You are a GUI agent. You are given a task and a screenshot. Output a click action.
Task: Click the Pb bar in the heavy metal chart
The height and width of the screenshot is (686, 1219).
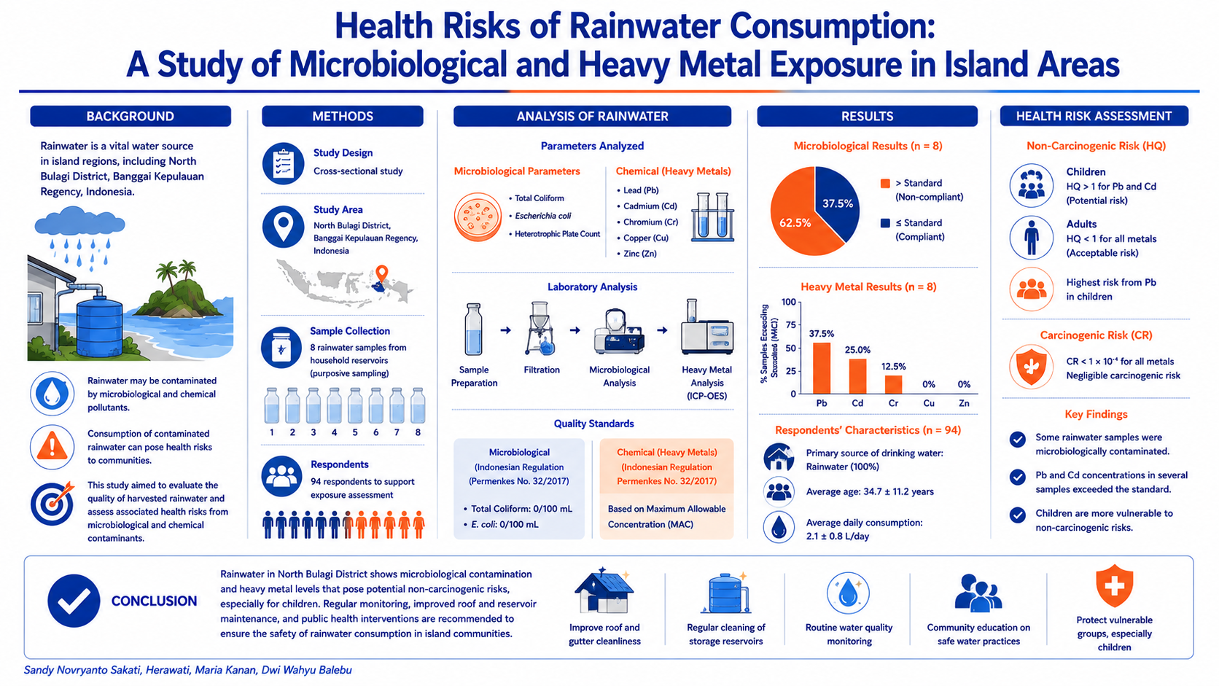click(821, 367)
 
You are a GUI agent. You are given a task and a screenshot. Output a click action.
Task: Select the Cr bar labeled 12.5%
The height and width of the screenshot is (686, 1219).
click(893, 385)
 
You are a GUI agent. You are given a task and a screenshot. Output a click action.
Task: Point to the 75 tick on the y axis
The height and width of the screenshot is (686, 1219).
click(790, 325)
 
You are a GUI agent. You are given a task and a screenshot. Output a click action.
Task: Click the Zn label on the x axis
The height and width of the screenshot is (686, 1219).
click(964, 403)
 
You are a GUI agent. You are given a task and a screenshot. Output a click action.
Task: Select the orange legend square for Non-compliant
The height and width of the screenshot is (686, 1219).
click(885, 183)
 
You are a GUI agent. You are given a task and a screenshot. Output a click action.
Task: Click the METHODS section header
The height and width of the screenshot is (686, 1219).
click(343, 116)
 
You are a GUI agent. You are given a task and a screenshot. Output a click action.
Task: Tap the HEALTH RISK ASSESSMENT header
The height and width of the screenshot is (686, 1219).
click(1094, 116)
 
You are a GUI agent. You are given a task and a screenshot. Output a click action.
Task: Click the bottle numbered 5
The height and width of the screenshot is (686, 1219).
click(355, 405)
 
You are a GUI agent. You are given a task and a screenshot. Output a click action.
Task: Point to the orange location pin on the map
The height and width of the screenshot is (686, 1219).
click(382, 273)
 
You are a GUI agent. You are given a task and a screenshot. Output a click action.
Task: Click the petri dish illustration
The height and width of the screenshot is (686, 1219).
click(478, 217)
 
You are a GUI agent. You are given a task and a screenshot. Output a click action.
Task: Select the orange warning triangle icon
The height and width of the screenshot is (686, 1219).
click(52, 447)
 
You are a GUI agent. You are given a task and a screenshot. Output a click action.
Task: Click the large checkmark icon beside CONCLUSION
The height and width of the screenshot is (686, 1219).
click(74, 601)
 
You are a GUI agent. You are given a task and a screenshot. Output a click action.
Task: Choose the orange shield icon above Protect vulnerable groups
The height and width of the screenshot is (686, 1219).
click(1114, 586)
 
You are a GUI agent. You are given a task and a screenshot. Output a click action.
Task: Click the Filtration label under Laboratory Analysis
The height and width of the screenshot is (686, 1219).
click(542, 370)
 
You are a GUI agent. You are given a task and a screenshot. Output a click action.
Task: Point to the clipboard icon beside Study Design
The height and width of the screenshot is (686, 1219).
click(283, 163)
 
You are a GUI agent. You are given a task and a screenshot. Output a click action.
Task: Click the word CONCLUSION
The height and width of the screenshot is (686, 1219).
click(154, 601)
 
